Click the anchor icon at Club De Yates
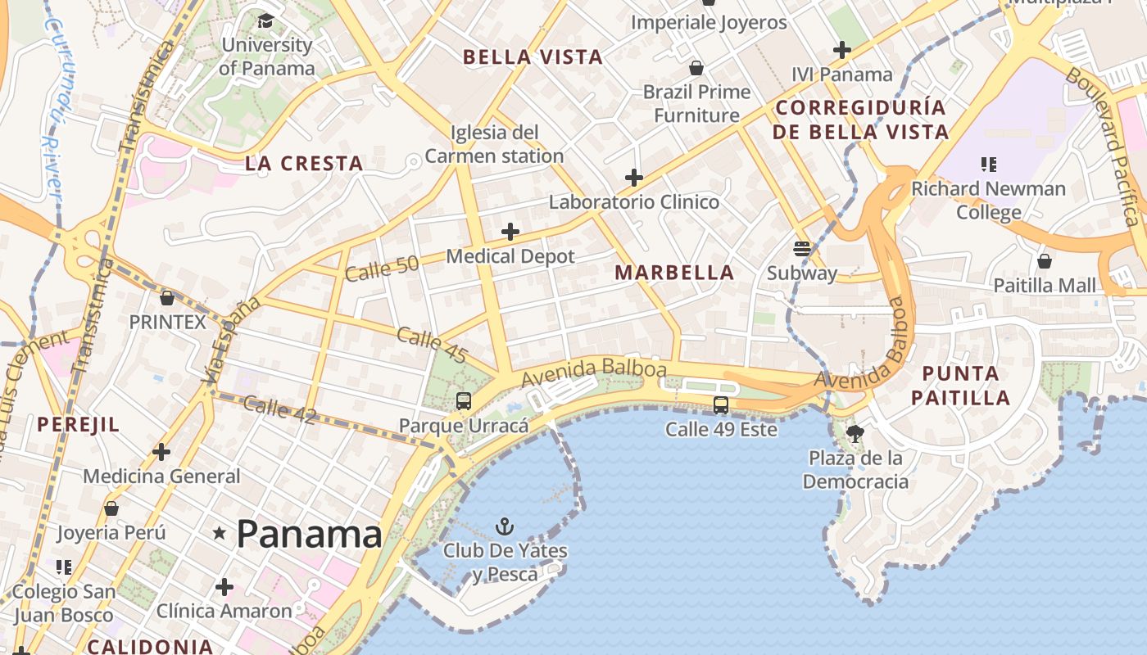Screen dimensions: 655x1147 (x=505, y=526)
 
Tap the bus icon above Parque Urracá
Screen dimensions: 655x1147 (x=464, y=400)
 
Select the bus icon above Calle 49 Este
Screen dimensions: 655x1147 (x=721, y=404)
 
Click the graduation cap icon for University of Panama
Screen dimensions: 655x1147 (x=266, y=20)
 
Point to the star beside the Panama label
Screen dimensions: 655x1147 (x=220, y=534)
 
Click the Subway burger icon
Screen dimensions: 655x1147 (x=801, y=249)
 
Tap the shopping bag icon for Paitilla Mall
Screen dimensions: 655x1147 (x=1044, y=261)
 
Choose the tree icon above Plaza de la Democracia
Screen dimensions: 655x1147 (x=855, y=433)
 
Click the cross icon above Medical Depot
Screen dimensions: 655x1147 (x=510, y=232)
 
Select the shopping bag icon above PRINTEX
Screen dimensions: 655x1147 (x=167, y=298)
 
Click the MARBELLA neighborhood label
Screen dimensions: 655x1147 (x=674, y=273)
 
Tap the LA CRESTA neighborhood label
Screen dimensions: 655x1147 (x=304, y=164)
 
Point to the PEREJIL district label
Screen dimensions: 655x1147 (x=78, y=424)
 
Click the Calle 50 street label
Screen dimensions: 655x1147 (x=382, y=267)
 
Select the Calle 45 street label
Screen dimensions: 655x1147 (x=432, y=345)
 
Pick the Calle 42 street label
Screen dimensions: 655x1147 (x=279, y=409)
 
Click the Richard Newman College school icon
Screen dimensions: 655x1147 (x=989, y=165)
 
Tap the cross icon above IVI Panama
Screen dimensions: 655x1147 (x=841, y=50)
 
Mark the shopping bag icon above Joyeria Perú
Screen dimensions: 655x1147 (x=111, y=509)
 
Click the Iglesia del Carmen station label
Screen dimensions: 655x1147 (x=494, y=143)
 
